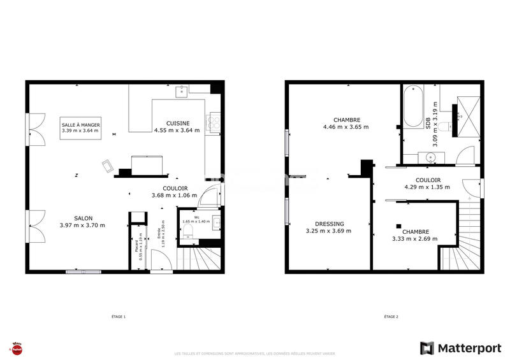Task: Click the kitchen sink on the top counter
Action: pyautogui.click(x=182, y=90)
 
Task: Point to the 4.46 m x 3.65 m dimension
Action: pyautogui.click(x=346, y=127)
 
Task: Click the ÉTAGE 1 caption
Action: pyautogui.click(x=119, y=317)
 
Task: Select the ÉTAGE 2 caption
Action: pyautogui.click(x=391, y=317)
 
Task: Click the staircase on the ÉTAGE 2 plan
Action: pyautogui.click(x=462, y=242)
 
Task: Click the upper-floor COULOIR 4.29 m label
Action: pyautogui.click(x=427, y=184)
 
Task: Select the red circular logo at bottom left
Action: pyautogui.click(x=17, y=349)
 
